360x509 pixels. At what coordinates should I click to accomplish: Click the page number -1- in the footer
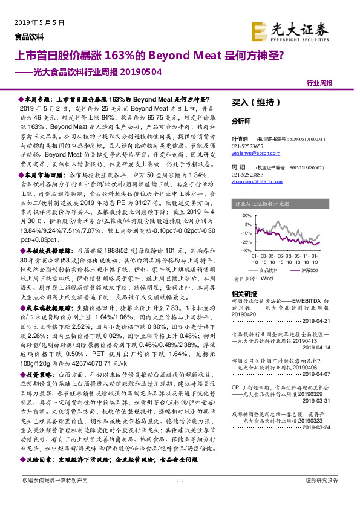pos(179,497)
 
